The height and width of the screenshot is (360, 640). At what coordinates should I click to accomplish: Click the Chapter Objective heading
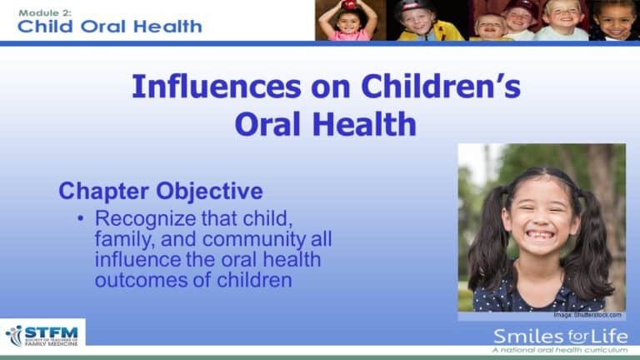click(161, 191)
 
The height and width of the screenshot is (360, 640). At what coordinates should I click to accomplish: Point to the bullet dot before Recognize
click(81, 219)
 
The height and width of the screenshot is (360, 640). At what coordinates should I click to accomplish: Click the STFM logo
click(42, 333)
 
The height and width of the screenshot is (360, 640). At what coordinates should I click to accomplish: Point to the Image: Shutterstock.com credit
click(587, 315)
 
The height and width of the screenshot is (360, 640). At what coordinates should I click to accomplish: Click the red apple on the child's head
click(348, 5)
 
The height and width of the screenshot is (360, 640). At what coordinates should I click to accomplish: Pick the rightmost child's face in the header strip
click(616, 21)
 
